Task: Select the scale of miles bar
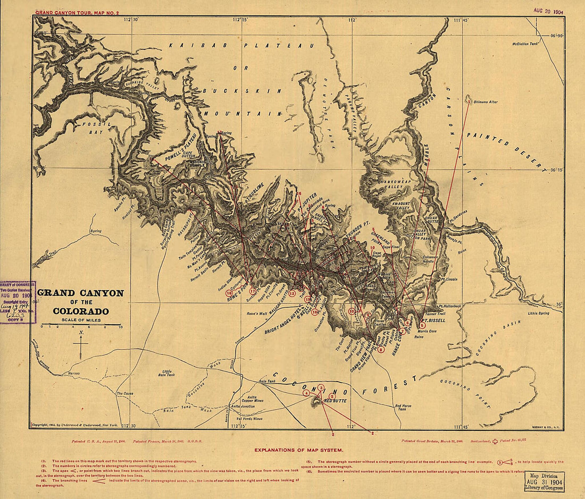coord(81,324)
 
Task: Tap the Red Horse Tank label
coord(403,408)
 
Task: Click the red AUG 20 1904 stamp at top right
coord(548,10)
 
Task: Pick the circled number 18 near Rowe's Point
coord(229,293)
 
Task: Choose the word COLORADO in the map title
coord(81,311)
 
